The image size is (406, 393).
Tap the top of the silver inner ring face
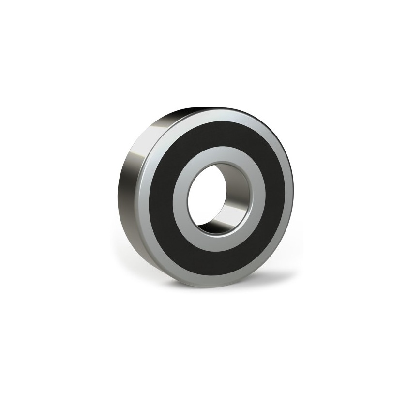tap(218, 154)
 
